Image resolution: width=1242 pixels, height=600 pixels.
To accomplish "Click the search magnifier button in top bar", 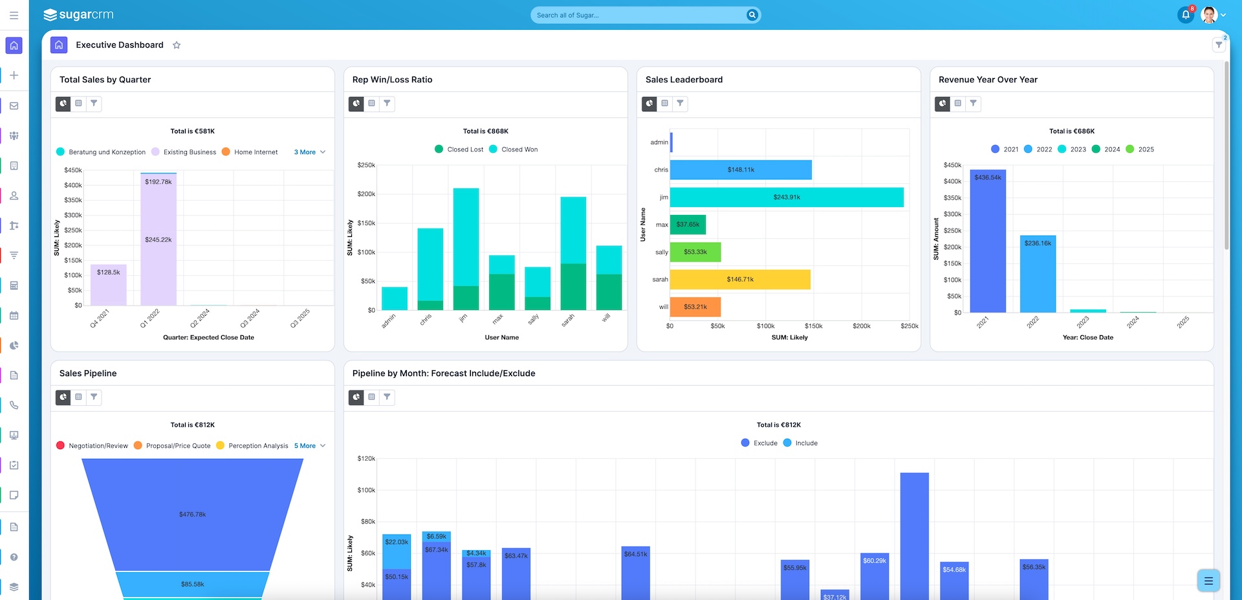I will click(x=752, y=15).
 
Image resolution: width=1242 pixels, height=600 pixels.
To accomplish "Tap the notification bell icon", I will click(x=1185, y=15).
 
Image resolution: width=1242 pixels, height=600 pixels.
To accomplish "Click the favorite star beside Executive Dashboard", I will click(x=177, y=45).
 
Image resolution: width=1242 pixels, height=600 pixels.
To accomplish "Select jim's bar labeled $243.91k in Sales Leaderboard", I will click(x=787, y=197).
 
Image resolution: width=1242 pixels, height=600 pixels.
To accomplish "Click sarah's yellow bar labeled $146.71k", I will click(x=740, y=280).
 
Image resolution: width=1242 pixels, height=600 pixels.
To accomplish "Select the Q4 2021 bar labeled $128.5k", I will click(x=109, y=285).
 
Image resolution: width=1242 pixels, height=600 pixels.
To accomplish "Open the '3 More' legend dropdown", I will click(x=309, y=152).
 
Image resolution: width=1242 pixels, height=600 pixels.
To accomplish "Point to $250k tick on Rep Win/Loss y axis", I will click(x=366, y=165).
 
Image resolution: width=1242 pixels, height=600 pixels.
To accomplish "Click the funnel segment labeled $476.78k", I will click(x=192, y=515).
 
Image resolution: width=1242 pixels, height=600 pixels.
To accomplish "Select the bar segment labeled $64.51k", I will click(x=635, y=570).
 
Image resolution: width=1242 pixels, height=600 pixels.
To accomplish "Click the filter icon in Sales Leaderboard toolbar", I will click(x=680, y=104).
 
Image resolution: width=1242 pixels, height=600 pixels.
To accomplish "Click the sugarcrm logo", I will click(x=78, y=15).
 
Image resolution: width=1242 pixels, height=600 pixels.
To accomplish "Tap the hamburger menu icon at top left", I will click(x=14, y=15).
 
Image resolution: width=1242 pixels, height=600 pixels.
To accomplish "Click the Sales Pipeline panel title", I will click(x=88, y=373).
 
